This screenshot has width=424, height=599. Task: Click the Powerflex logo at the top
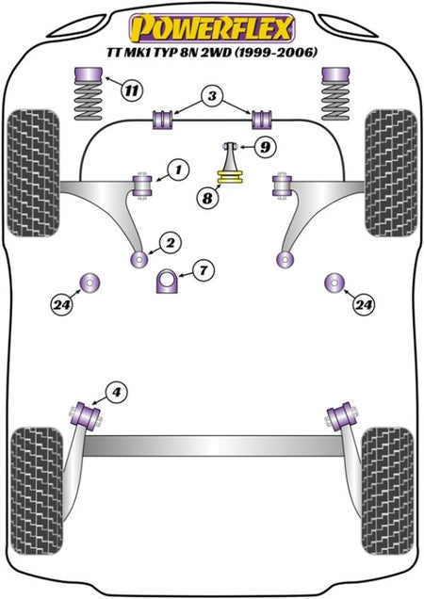(212, 28)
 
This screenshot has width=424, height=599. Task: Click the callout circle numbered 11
(132, 90)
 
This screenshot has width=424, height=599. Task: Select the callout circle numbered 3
(212, 95)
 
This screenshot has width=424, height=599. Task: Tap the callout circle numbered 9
(265, 146)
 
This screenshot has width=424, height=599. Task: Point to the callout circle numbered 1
(178, 170)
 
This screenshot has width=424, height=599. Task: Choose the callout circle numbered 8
(207, 198)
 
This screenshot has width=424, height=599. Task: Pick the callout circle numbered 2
(171, 243)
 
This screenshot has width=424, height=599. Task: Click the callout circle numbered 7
(204, 270)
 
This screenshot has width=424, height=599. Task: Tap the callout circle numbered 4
(117, 392)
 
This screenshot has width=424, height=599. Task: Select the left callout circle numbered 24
(62, 304)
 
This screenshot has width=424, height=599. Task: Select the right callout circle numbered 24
(364, 304)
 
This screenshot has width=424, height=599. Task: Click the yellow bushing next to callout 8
(231, 177)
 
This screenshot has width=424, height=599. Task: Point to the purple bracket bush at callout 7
(167, 281)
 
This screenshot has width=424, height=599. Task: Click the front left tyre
(33, 172)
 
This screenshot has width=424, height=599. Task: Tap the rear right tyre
(387, 492)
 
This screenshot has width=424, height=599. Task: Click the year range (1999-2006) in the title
(276, 52)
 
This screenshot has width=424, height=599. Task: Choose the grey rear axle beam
(212, 445)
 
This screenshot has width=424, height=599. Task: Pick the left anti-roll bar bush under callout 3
(163, 120)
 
